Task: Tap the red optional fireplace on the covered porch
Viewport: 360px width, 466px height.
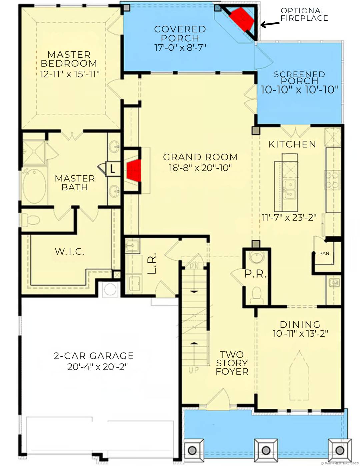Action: coord(242,19)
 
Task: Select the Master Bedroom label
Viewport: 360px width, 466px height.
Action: coord(69,59)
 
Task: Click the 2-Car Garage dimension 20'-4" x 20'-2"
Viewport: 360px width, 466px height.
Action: coord(97,367)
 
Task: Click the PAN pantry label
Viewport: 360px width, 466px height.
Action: coord(324,253)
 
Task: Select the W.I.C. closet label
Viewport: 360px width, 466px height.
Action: coord(70,251)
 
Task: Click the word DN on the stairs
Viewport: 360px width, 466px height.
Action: coord(194,266)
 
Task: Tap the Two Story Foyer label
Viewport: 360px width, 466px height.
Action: coord(232,363)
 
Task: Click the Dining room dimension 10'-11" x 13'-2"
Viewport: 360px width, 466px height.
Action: coord(300,333)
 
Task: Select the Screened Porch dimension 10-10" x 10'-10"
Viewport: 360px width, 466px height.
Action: coord(299,89)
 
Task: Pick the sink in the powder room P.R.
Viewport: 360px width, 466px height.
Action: coord(257,257)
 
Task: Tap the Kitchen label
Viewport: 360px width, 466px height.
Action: coord(292,144)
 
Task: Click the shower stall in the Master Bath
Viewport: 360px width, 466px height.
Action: coord(33,152)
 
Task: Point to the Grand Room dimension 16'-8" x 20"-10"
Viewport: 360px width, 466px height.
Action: coord(200,168)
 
